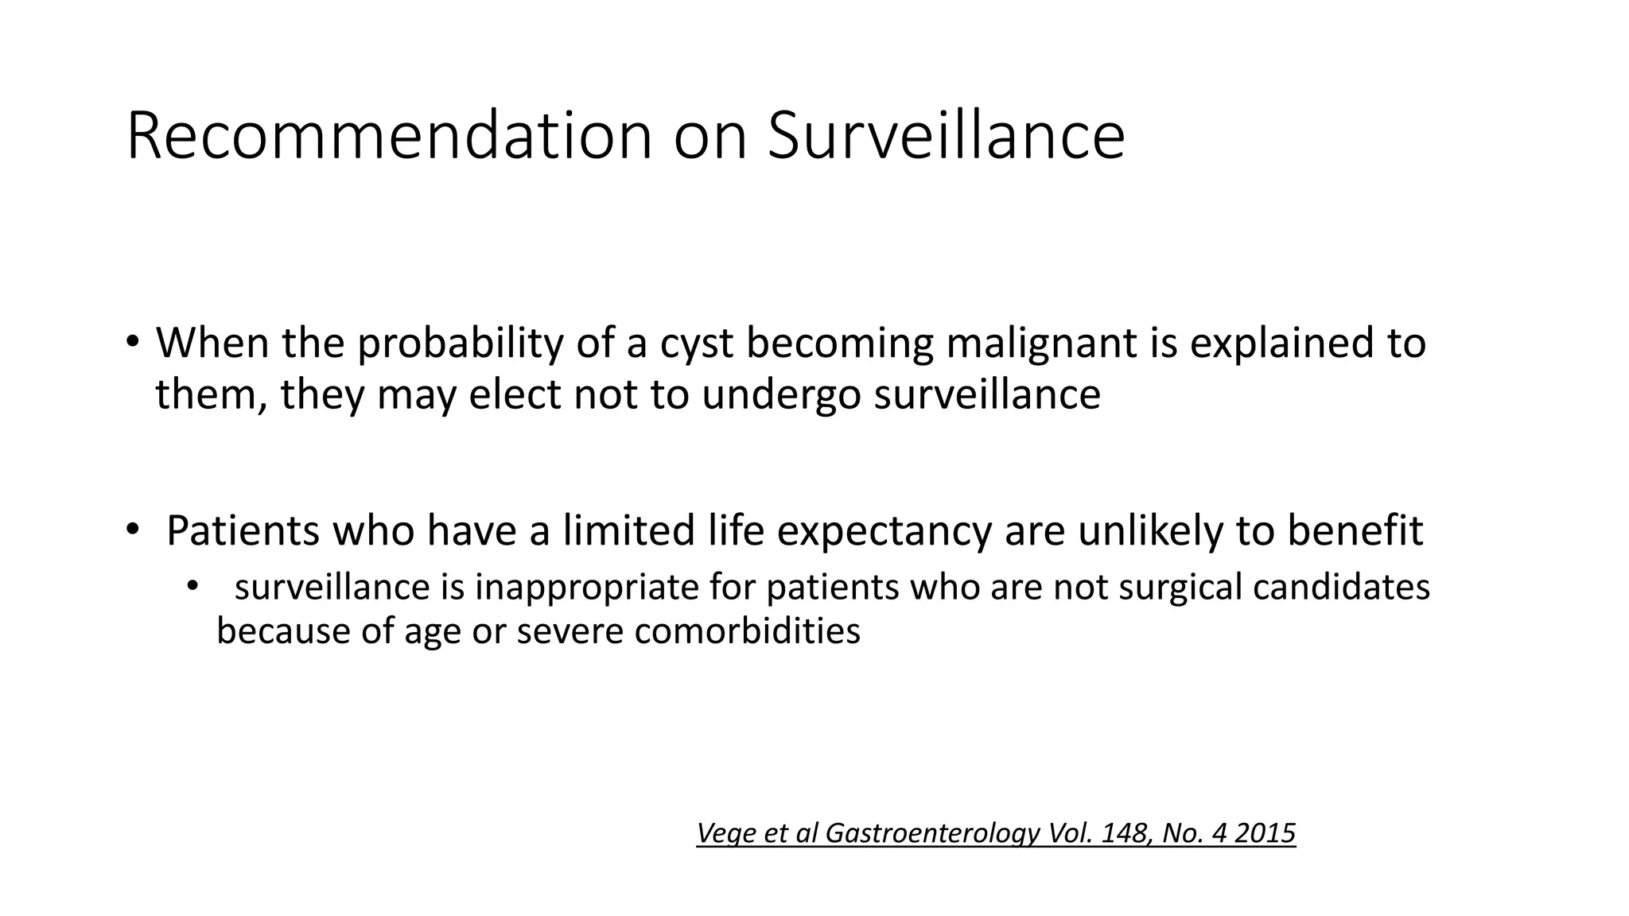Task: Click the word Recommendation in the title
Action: click(x=389, y=137)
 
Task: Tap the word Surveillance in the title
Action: click(x=946, y=137)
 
